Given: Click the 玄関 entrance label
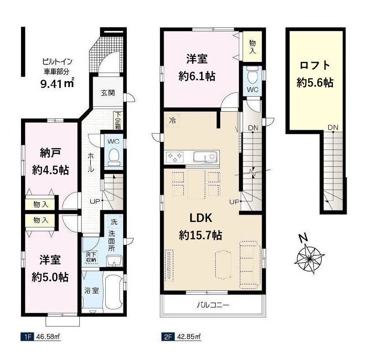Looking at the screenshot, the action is coord(108,93).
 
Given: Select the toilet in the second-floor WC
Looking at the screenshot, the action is coord(252,75).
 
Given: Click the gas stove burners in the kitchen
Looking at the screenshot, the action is coord(175,157).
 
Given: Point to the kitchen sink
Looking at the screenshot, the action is coord(205,157).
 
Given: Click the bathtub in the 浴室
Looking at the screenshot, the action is coord(114,292).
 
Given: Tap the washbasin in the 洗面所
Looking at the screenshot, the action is coord(114,261).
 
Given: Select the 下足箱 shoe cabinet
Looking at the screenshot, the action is coord(118,121).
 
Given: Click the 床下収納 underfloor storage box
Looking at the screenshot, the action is coord(91,257).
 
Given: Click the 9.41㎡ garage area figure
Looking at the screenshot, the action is coord(57,83).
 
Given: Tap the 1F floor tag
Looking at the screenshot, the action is coord(28,337).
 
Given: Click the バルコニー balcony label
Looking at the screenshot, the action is coord(213,305).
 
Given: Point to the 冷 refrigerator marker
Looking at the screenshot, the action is coord(172,121).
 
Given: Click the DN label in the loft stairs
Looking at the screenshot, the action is coord(333,127).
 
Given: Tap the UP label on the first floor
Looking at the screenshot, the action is coord(95,201).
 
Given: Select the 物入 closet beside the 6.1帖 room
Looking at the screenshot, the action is coord(252,46).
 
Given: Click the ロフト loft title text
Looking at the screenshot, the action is coord(315,65).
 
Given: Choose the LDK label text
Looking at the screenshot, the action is coord(201,218).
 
